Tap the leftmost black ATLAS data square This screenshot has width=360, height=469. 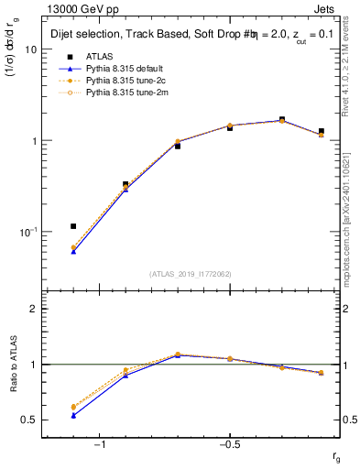point(73,225)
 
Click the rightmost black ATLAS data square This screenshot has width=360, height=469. point(321,131)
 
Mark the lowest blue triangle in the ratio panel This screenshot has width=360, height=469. point(73,415)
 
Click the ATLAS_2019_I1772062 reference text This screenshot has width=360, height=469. point(190,273)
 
